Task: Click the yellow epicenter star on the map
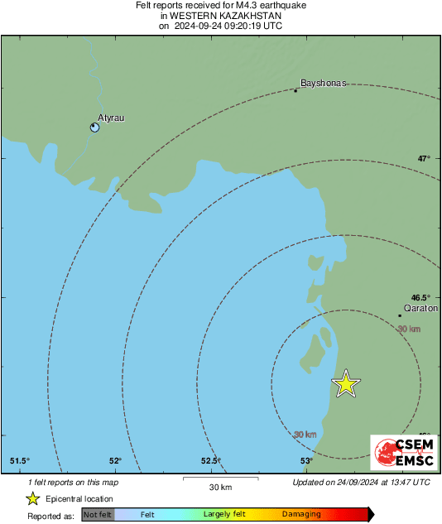346,383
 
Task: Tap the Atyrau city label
111,118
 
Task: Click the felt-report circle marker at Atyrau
94,127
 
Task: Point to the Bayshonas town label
323,84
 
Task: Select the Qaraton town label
420,306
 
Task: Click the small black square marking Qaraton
400,315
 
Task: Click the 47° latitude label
424,158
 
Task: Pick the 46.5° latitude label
420,297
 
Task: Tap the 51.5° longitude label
20,461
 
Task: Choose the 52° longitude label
115,461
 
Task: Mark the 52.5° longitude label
210,461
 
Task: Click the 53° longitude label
306,461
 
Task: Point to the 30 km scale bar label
219,486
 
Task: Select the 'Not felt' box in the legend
98,515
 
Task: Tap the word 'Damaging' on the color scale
301,515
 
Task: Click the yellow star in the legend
33,498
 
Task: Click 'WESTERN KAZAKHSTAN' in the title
220,16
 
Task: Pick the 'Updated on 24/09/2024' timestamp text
361,482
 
